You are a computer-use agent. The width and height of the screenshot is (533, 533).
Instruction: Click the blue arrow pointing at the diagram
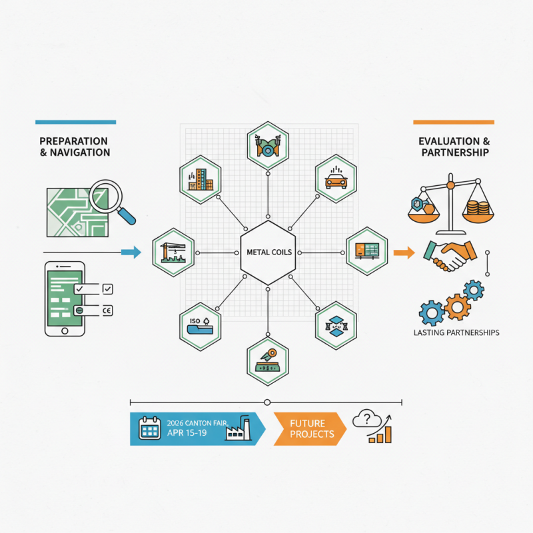133,252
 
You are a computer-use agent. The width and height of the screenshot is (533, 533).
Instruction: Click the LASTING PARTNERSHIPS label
456,332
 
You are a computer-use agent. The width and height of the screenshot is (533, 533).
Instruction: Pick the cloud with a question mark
366,418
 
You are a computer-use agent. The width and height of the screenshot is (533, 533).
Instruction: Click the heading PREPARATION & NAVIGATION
74,147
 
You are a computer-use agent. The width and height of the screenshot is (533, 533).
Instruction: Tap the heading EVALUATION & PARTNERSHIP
454,147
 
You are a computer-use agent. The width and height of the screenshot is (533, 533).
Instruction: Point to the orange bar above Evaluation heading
453,122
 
